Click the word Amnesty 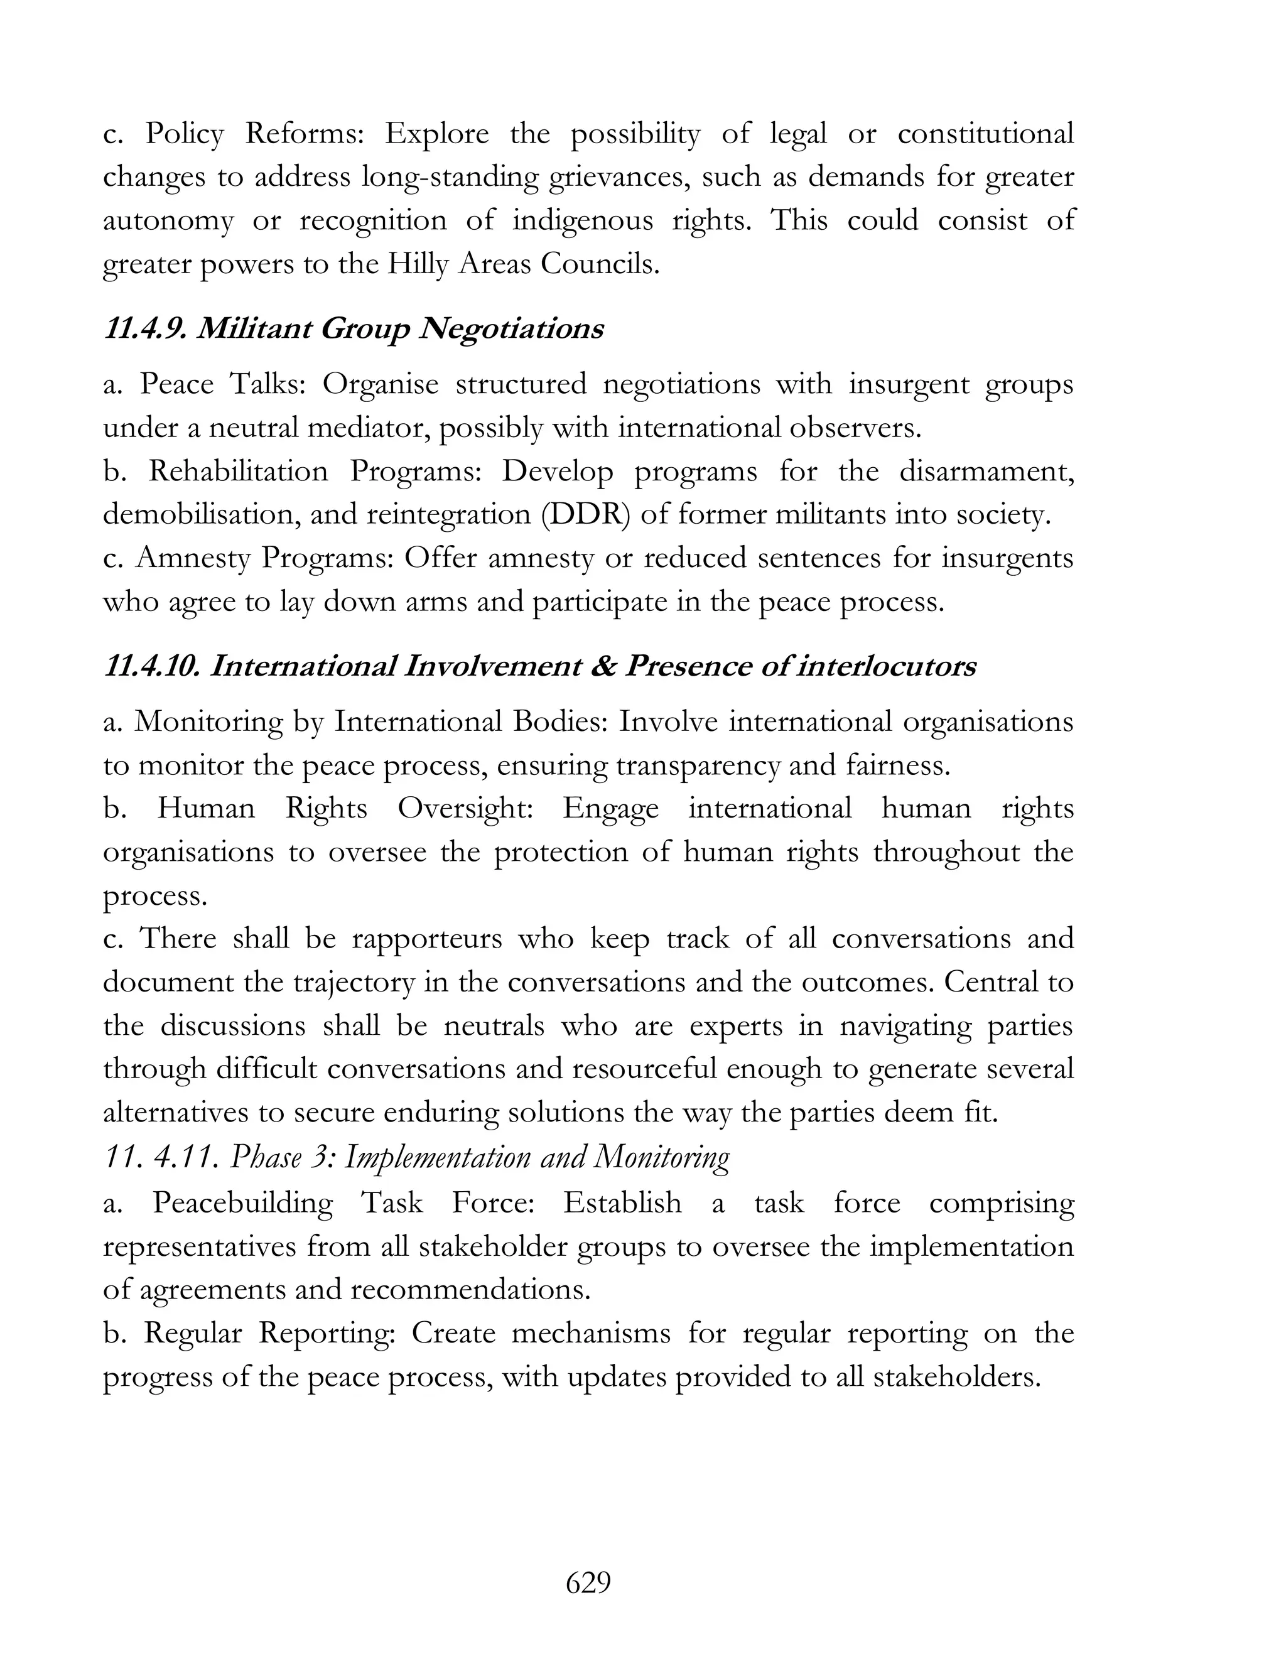pos(193,558)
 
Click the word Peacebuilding pos(242,1202)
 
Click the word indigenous pos(583,220)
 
